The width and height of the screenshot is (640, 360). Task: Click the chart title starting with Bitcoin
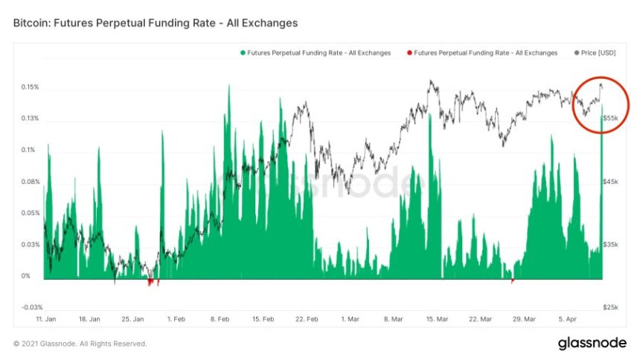[x=156, y=23]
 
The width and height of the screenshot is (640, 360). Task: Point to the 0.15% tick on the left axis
[x=30, y=87]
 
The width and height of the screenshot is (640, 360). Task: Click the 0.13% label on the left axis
[x=30, y=119]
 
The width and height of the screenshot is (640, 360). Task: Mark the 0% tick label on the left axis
[x=25, y=276]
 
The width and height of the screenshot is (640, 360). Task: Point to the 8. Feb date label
[x=220, y=318]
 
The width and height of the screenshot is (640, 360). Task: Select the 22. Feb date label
[x=307, y=318]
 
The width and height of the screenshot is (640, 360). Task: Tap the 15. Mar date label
[x=438, y=318]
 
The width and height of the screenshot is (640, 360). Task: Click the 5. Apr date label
[x=569, y=318]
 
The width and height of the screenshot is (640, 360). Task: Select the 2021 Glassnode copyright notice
[x=80, y=344]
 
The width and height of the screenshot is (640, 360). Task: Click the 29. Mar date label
[x=525, y=318]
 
